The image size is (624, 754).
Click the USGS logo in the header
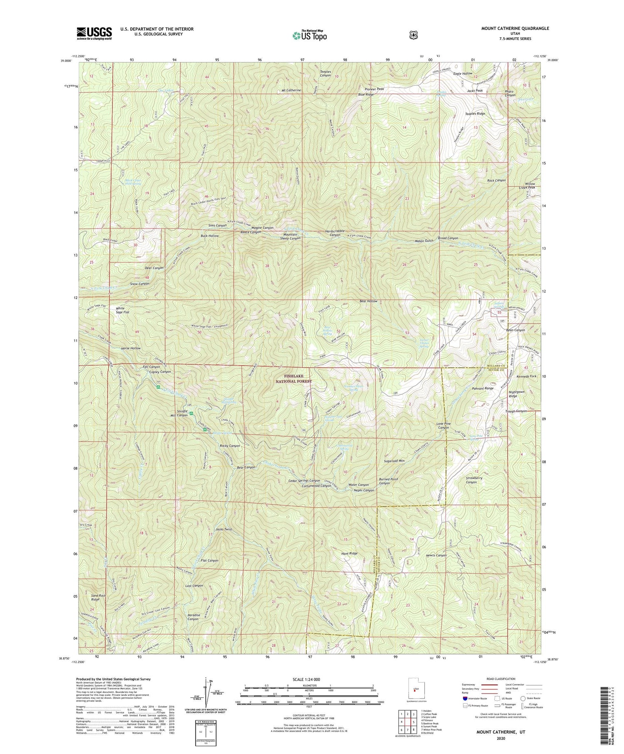[94, 33]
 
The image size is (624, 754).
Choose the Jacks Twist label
[223, 529]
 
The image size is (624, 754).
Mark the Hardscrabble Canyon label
[335, 233]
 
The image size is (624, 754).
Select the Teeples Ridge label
[475, 114]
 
